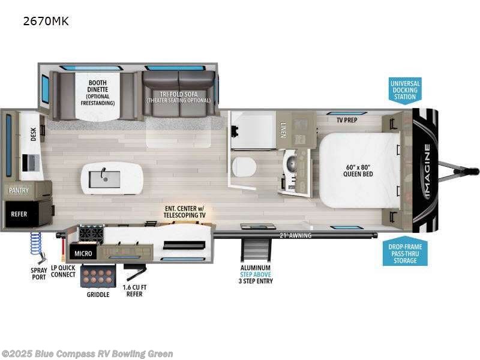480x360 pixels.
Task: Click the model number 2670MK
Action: (47, 22)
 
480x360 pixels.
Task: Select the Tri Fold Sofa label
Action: (179, 97)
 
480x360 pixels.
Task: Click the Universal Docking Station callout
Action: (405, 91)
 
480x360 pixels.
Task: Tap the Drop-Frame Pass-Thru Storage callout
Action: (405, 253)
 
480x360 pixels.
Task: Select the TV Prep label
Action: (347, 119)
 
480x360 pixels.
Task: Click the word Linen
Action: (283, 130)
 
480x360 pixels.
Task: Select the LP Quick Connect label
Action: (63, 271)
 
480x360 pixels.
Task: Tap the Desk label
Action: (34, 134)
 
